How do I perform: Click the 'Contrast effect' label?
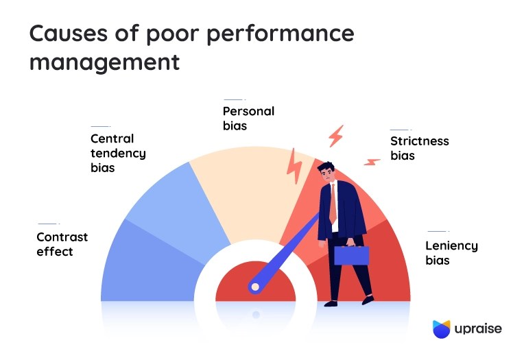(62, 244)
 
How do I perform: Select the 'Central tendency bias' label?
(118, 153)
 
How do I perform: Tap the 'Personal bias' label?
(248, 118)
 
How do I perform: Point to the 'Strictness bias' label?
(419, 148)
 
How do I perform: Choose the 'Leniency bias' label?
(451, 253)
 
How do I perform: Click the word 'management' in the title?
(104, 63)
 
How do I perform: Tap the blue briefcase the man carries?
(351, 255)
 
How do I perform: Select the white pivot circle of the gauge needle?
(255, 285)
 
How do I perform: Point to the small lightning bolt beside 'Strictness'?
(372, 162)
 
